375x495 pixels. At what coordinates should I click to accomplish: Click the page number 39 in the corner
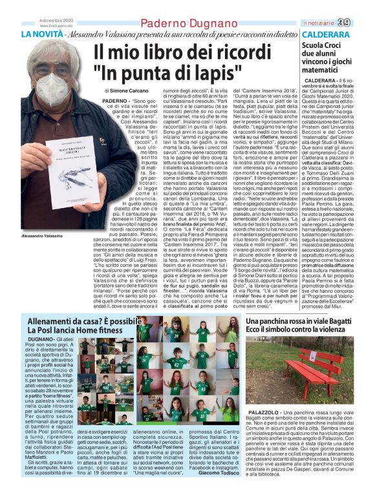[x=362, y=23]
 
